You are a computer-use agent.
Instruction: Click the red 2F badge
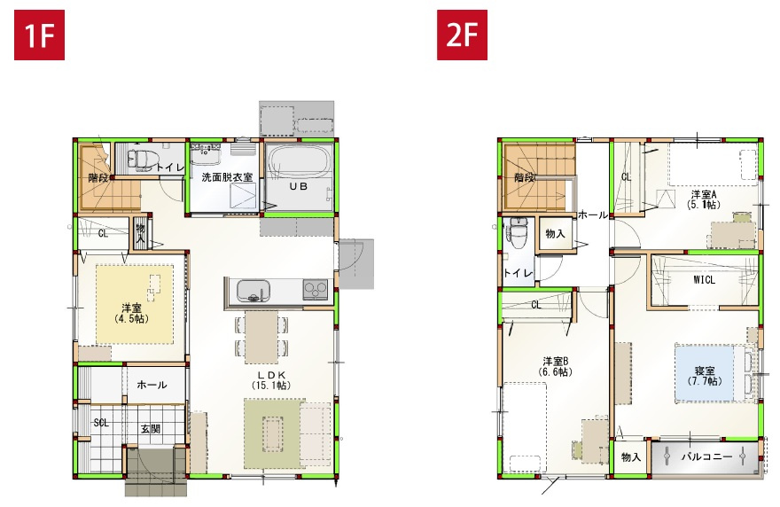point(463,36)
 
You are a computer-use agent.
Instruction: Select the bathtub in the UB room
point(300,165)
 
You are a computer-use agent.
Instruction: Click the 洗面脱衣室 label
point(227,177)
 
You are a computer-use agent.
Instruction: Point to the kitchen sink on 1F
point(249,289)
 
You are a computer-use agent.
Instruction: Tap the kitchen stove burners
point(316,288)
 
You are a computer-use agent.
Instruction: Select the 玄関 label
point(150,429)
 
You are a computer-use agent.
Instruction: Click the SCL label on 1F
point(101,423)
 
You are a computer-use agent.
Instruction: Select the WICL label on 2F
point(705,280)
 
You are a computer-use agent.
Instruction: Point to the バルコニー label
point(706,457)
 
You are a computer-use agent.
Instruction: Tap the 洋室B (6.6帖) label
point(555,366)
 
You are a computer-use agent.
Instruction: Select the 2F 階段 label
point(525,177)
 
